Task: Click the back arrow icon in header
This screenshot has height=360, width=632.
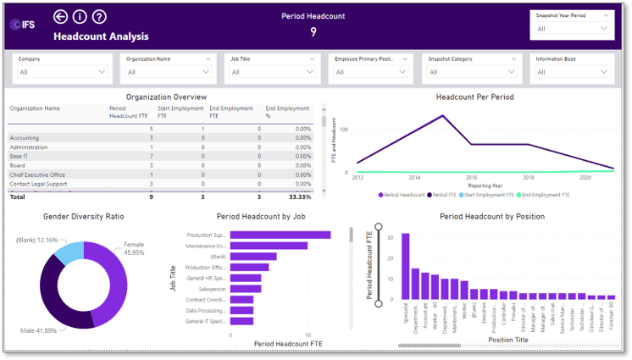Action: tap(60, 17)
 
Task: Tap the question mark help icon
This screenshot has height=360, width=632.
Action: tap(99, 17)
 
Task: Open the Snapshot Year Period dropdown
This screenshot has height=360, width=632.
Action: tap(571, 29)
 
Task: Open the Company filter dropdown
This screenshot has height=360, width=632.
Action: tap(63, 72)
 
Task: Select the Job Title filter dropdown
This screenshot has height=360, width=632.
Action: tap(272, 72)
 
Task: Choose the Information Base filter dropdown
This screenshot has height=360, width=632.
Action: tap(572, 72)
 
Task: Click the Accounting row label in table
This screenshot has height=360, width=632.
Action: tap(25, 137)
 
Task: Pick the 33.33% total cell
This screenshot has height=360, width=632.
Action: tap(299, 197)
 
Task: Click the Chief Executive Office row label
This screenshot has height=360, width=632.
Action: tap(37, 174)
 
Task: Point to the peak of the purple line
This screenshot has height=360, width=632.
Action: tap(443, 115)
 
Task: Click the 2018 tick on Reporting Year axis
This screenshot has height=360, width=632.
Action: tap(528, 178)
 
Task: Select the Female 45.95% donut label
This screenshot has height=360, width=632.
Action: tap(136, 247)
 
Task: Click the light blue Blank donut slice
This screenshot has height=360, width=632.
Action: tap(71, 252)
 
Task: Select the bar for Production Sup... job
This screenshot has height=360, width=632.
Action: tap(280, 235)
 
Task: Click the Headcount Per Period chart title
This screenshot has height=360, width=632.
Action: tap(474, 97)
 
